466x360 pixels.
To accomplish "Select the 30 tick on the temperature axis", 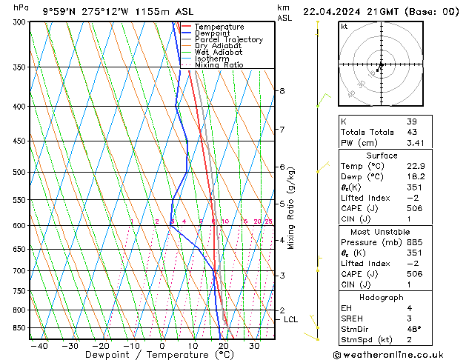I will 254,345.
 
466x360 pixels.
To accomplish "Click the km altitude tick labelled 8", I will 282,91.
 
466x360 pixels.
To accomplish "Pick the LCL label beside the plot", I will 290,319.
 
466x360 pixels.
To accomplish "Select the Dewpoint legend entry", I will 212,33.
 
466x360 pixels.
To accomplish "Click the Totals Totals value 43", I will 411,132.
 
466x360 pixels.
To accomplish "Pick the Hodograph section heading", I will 382,296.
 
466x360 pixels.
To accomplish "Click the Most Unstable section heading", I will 382,231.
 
